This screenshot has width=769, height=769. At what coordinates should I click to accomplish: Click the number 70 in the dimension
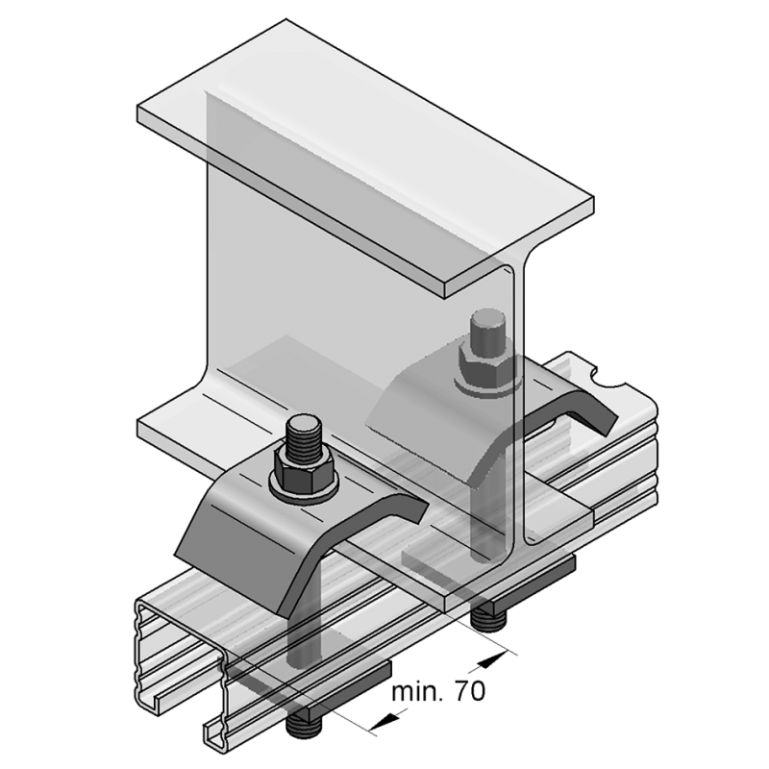[x=469, y=691]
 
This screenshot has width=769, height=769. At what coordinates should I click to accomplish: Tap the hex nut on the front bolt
[x=304, y=470]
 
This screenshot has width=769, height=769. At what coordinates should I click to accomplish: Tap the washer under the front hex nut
[x=304, y=491]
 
